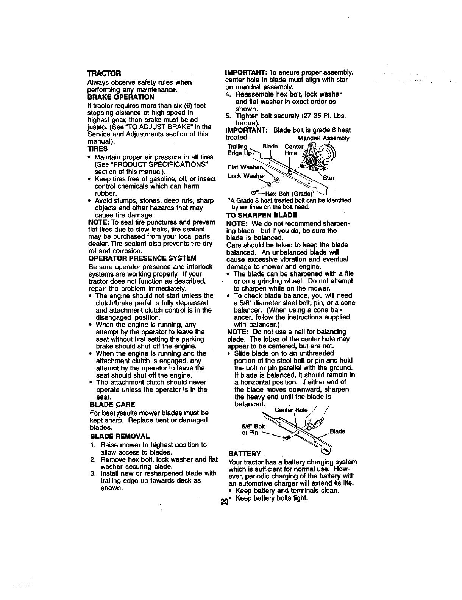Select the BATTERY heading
click(x=245, y=454)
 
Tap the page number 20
click(x=223, y=502)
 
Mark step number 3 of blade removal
click(x=93, y=473)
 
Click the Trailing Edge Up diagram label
click(x=237, y=150)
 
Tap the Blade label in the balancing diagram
click(x=337, y=431)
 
